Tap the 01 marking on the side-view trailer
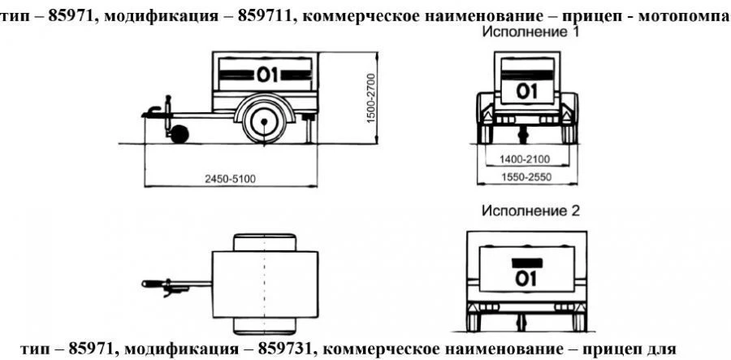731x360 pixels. coord(267,76)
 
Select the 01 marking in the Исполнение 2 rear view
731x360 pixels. coord(527,279)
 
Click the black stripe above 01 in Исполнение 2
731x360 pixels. coord(527,262)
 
